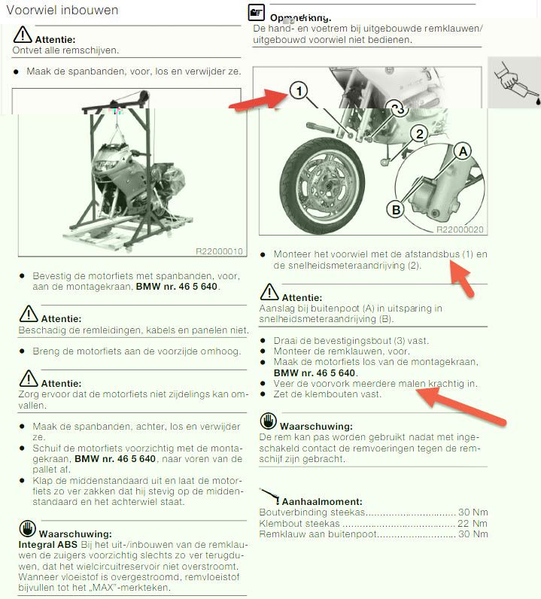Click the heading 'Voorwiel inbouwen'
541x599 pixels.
point(62,10)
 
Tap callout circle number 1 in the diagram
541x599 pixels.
point(299,91)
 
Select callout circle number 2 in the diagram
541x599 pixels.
point(420,134)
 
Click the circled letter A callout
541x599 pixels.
point(463,151)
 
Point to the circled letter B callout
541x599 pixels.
point(396,210)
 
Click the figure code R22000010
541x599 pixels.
point(219,251)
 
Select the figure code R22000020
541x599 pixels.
point(460,230)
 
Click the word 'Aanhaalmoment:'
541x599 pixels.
point(322,502)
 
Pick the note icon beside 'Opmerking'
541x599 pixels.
point(257,12)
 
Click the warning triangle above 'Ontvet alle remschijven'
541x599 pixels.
point(23,35)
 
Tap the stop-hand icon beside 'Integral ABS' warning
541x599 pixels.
point(28,528)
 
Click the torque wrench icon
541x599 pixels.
point(269,496)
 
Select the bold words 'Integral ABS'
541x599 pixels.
point(47,544)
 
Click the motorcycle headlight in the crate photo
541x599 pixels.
point(105,165)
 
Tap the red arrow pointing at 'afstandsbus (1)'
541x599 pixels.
point(461,278)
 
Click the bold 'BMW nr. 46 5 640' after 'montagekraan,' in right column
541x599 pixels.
point(315,372)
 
